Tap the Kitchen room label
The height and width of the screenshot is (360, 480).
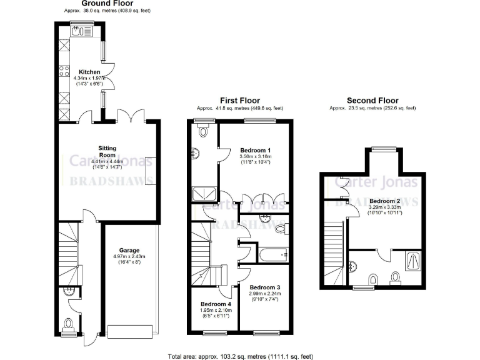point(89,72)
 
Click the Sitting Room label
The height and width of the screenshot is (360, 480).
point(107,151)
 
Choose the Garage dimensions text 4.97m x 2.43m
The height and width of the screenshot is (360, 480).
point(129,256)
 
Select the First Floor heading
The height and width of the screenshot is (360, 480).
point(239,101)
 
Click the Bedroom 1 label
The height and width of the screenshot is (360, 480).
point(255,150)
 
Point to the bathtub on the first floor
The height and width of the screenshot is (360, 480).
point(272,254)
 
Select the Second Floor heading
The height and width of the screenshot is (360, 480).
point(372,101)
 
